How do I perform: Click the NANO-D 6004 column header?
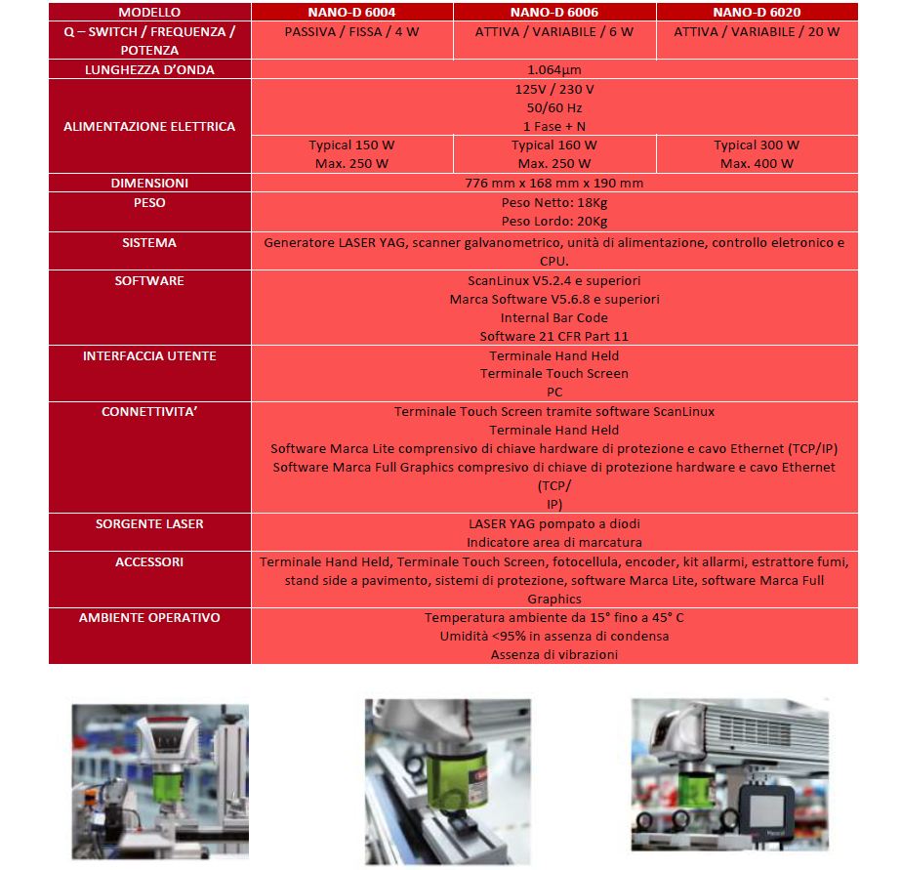(x=351, y=13)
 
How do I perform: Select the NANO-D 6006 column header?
(x=553, y=13)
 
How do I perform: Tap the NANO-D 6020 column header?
(x=757, y=13)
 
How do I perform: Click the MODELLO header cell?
(x=149, y=13)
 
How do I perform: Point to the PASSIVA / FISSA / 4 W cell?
(x=351, y=31)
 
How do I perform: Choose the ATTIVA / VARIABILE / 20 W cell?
(x=757, y=31)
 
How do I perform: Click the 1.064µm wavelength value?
(x=553, y=70)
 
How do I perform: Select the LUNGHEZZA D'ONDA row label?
(x=149, y=70)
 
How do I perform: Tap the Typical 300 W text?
(x=757, y=145)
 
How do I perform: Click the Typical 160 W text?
(x=553, y=145)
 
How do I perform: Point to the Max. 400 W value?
(x=757, y=164)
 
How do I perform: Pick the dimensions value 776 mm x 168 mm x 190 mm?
(x=553, y=184)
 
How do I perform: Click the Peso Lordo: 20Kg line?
(x=553, y=221)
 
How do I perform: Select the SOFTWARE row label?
(x=149, y=281)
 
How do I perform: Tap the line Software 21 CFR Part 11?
(x=553, y=337)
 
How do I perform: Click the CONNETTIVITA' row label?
(x=149, y=412)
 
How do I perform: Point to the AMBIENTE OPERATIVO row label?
(x=149, y=618)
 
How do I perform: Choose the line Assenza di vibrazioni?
(x=553, y=654)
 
